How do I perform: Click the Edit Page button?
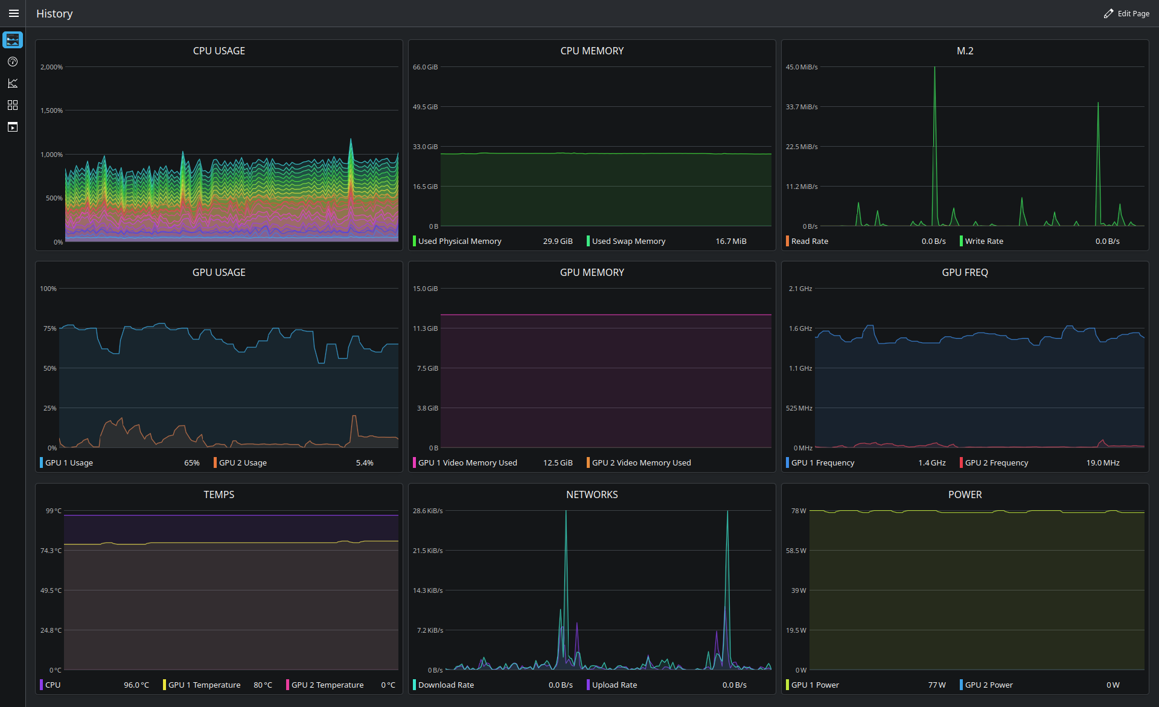tap(1126, 13)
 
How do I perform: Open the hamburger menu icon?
tap(13, 13)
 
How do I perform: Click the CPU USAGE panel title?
tap(219, 51)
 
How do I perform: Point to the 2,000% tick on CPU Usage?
tap(51, 67)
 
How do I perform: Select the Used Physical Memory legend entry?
tap(460, 241)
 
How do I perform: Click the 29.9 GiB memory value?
tap(558, 241)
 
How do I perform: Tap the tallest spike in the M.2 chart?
tap(934, 68)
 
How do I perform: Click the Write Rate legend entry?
tap(984, 241)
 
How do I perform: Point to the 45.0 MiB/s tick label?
tap(802, 67)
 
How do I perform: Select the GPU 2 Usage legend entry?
tap(243, 462)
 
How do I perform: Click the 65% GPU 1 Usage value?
tap(192, 462)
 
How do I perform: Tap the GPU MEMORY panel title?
tap(592, 272)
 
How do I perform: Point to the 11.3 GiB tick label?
tap(426, 328)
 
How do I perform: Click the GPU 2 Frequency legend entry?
tap(997, 462)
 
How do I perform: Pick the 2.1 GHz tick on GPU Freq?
tap(800, 289)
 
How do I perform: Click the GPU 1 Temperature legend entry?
tap(204, 685)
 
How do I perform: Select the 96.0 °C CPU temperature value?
tap(136, 685)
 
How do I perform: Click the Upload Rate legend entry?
tap(615, 685)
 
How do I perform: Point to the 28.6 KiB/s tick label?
tap(428, 511)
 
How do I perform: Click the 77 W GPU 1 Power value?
tap(937, 685)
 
